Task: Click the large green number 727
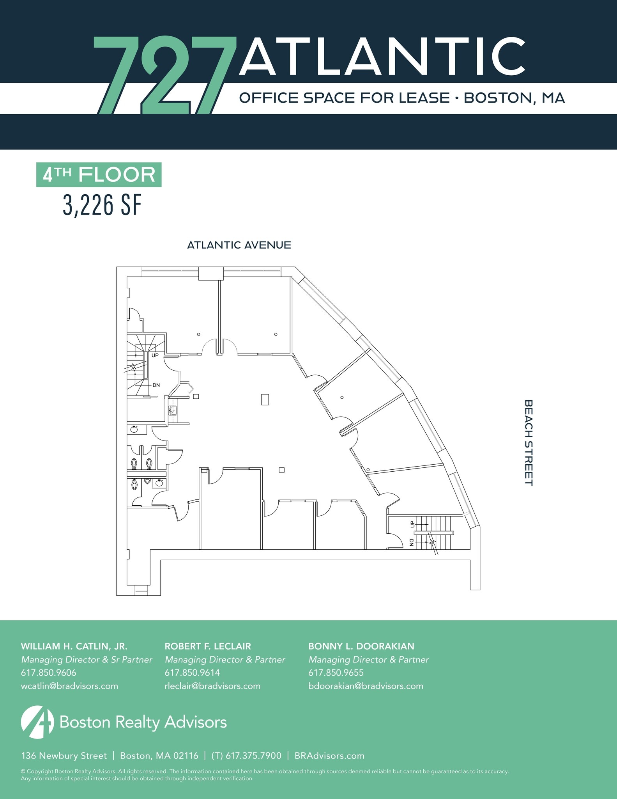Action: click(x=164, y=74)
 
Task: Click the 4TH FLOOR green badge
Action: click(x=99, y=174)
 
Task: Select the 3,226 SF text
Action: click(x=102, y=205)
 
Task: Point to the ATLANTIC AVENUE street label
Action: click(x=239, y=245)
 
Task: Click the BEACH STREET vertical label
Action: click(x=528, y=442)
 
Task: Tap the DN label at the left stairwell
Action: click(x=156, y=385)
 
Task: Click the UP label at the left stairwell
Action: click(x=155, y=355)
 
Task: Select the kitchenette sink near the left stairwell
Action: click(x=173, y=410)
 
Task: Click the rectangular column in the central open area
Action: click(x=265, y=399)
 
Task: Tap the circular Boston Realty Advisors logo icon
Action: click(x=37, y=722)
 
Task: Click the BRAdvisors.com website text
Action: click(x=329, y=756)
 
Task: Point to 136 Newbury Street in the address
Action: click(x=64, y=756)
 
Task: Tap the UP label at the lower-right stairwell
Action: click(x=412, y=524)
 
